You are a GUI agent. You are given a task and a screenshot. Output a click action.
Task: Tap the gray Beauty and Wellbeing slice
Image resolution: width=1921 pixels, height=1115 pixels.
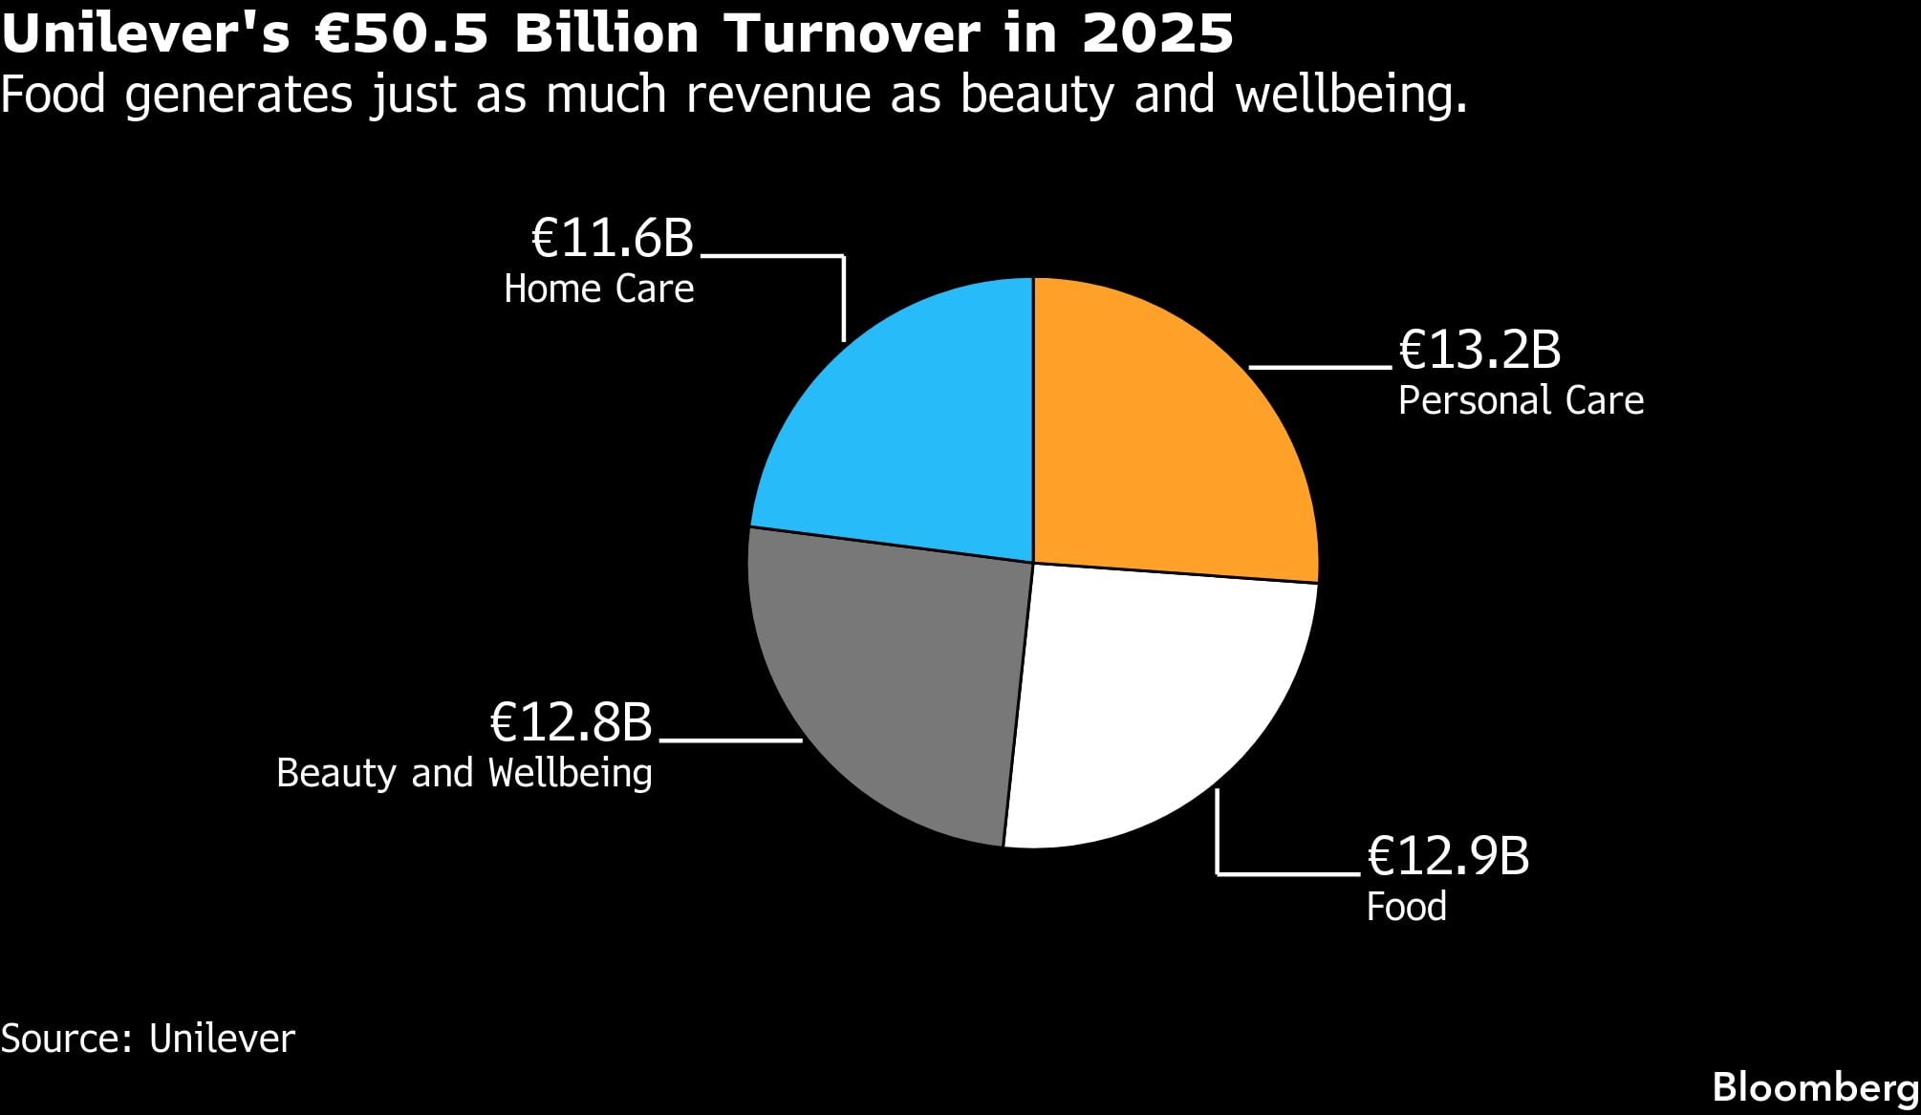(889, 688)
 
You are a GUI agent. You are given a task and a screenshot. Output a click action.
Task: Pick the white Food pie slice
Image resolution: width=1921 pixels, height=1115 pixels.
(1156, 707)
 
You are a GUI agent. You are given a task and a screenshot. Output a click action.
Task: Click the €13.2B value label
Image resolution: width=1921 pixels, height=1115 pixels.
(1479, 350)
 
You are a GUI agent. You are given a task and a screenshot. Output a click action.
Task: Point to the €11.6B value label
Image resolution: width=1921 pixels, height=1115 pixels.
(612, 238)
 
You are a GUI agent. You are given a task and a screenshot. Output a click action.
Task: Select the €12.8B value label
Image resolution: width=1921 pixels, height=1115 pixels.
(571, 722)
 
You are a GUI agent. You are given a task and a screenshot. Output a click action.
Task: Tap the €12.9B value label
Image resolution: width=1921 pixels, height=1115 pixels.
(1448, 856)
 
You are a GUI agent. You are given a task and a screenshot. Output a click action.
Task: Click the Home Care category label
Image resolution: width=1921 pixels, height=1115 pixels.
(599, 289)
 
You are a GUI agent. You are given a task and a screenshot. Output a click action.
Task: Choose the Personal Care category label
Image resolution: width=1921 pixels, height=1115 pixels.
(1521, 400)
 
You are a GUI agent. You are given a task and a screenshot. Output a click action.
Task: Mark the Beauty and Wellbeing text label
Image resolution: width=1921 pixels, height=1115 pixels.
(464, 773)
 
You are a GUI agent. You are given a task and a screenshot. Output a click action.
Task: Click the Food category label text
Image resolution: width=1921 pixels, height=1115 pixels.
(1406, 907)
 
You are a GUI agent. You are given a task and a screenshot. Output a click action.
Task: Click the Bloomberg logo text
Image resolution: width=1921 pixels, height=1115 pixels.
(1815, 1088)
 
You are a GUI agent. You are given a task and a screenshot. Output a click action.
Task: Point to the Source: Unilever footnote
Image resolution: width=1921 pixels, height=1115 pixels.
(148, 1039)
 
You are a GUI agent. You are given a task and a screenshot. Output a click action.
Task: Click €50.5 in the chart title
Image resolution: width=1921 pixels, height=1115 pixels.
(405, 34)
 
